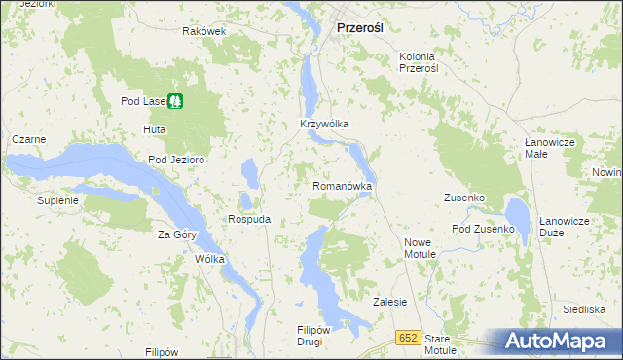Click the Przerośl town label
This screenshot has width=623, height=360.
tap(359, 28)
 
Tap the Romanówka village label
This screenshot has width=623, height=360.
tap(343, 185)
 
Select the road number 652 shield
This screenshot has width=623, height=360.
tap(408, 337)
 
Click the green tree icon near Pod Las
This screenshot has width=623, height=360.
tap(175, 99)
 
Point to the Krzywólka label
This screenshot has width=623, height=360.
tap(323, 125)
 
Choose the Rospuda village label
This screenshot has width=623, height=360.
tap(248, 219)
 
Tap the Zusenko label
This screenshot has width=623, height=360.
tap(463, 198)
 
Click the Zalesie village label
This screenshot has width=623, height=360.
tap(389, 302)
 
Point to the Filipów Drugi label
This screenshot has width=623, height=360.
tap(316, 336)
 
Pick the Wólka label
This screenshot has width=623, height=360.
tap(209, 260)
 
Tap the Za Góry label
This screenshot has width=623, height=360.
tap(176, 234)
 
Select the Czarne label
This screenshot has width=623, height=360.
tap(28, 139)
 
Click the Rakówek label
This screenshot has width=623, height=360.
tap(203, 31)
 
